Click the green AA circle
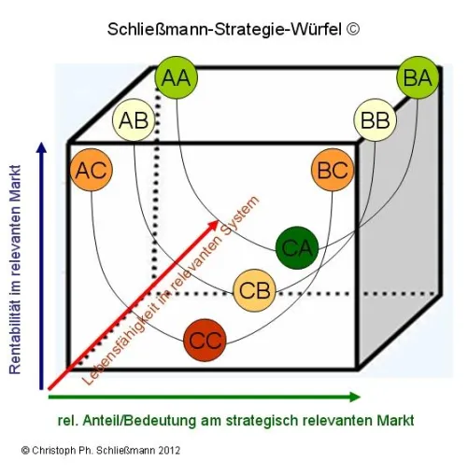coord(177,77)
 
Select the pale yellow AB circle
coord(134,120)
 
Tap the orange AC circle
coord(92,170)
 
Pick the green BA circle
coord(418,77)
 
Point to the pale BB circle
coord(375,120)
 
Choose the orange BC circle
coord(333,170)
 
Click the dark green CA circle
coord(297,247)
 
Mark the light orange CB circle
coord(255,290)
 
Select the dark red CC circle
coord(205,340)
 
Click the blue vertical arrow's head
coord(41,147)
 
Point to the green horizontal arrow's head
coord(355,397)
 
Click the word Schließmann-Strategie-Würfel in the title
coord(224,30)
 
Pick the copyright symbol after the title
coord(352,29)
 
